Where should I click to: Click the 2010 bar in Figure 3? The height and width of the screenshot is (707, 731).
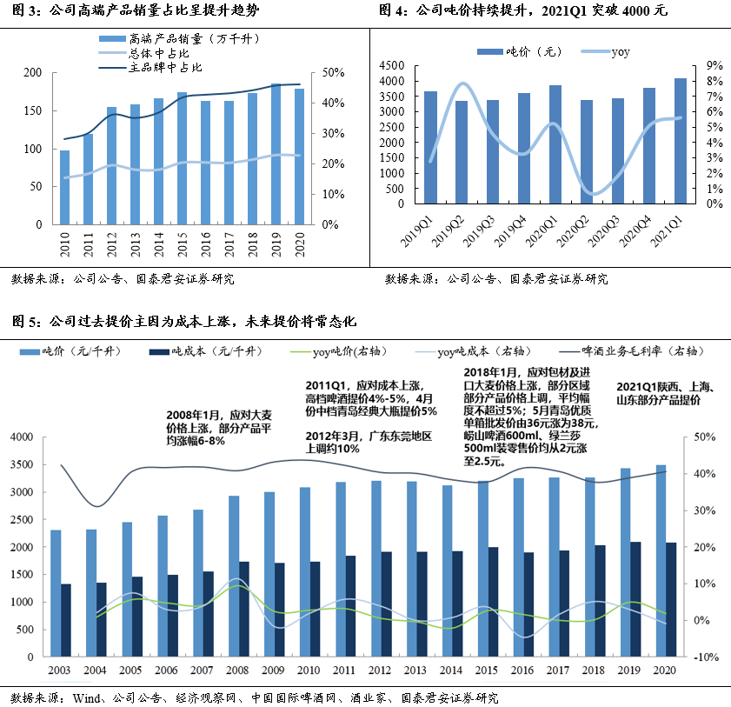pyautogui.click(x=65, y=188)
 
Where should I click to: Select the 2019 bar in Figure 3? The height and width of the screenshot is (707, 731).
pyautogui.click(x=276, y=155)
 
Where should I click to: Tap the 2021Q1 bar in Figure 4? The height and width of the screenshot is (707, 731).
pyautogui.click(x=681, y=141)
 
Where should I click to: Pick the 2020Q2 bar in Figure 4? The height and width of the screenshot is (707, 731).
pyautogui.click(x=587, y=152)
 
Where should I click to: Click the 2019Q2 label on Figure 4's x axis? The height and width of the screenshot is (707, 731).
pyautogui.click(x=448, y=231)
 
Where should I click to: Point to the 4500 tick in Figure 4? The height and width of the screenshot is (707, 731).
pyautogui.click(x=392, y=65)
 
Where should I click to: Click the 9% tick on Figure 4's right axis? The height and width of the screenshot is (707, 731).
pyautogui.click(x=714, y=65)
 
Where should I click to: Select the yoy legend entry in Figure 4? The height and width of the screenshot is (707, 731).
pyautogui.click(x=606, y=52)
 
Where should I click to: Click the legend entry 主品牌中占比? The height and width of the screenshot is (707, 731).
pyautogui.click(x=150, y=68)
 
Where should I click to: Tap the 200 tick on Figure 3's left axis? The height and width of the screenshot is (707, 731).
pyautogui.click(x=33, y=72)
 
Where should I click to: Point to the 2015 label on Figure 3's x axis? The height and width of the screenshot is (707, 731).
pyautogui.click(x=183, y=244)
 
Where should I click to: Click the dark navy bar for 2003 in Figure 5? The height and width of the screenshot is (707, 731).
pyautogui.click(x=66, y=620)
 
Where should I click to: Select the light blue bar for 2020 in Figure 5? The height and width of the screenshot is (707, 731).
pyautogui.click(x=661, y=561)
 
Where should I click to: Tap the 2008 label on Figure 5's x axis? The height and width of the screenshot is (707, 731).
pyautogui.click(x=237, y=670)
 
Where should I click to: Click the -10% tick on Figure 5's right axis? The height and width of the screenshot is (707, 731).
pyautogui.click(x=706, y=657)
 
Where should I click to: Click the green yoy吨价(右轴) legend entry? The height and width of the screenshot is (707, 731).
pyautogui.click(x=338, y=351)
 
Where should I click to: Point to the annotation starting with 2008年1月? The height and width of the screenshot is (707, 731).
pyautogui.click(x=219, y=428)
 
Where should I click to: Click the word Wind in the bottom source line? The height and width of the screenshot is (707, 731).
pyautogui.click(x=87, y=698)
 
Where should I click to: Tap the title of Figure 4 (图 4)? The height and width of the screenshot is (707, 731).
pyautogui.click(x=523, y=10)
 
